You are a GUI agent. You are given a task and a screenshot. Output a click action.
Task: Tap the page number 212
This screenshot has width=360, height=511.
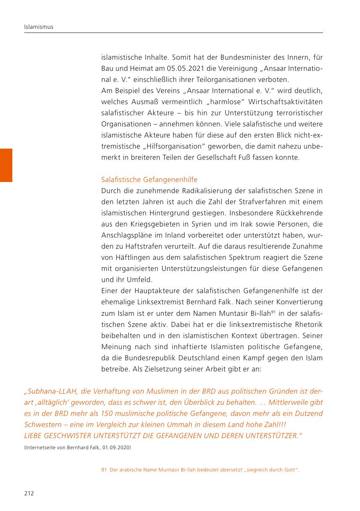[28, 493]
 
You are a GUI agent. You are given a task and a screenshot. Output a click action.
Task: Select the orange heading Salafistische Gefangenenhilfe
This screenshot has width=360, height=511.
[149, 180]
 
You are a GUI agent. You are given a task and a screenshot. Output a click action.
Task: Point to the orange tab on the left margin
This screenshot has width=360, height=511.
[6, 165]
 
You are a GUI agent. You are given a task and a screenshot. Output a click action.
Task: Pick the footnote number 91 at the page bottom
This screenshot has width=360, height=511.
[104, 470]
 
